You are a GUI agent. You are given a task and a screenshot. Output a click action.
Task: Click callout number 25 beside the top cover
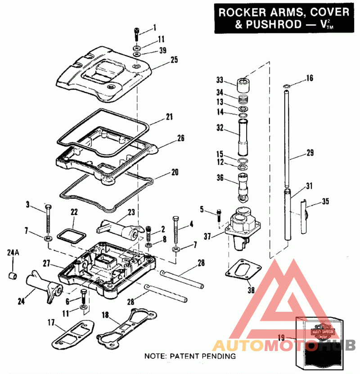coord(162,59)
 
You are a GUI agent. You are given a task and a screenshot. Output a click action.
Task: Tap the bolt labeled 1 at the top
coord(136,34)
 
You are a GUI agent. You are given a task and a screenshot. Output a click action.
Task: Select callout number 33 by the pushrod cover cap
coord(220,80)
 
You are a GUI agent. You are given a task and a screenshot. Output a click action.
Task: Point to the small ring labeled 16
coord(286,85)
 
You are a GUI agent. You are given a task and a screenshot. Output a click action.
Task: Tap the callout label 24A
coord(13,253)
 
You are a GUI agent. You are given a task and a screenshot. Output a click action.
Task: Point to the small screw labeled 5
coord(219,214)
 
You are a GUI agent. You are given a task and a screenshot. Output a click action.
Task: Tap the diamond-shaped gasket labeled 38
coord(243,270)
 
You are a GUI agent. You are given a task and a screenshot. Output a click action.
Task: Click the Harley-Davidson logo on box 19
coord(321,333)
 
